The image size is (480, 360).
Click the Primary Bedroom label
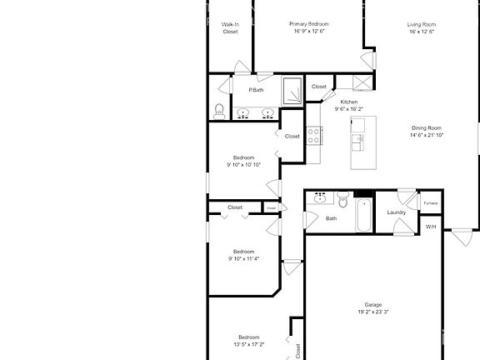309,24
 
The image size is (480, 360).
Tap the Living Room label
422,24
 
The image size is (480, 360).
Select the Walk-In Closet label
230,27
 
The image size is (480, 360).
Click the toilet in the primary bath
219,112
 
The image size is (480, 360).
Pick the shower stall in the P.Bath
292,90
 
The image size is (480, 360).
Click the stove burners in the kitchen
313,136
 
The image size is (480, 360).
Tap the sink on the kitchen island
357,142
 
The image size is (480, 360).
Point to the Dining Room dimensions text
427,135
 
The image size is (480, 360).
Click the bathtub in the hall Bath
364,215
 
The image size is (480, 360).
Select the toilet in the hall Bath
343,200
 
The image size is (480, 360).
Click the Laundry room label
397,212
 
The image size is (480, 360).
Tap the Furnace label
431,203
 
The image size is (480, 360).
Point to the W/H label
431,227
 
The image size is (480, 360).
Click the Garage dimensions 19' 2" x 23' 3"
373,312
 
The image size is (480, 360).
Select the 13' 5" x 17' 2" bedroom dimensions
249,344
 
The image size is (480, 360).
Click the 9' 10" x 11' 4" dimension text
243,258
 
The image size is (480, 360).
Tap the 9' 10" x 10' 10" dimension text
243,165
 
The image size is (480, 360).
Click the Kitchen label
349,102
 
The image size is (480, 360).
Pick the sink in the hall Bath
320,198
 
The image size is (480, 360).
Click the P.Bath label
256,90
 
